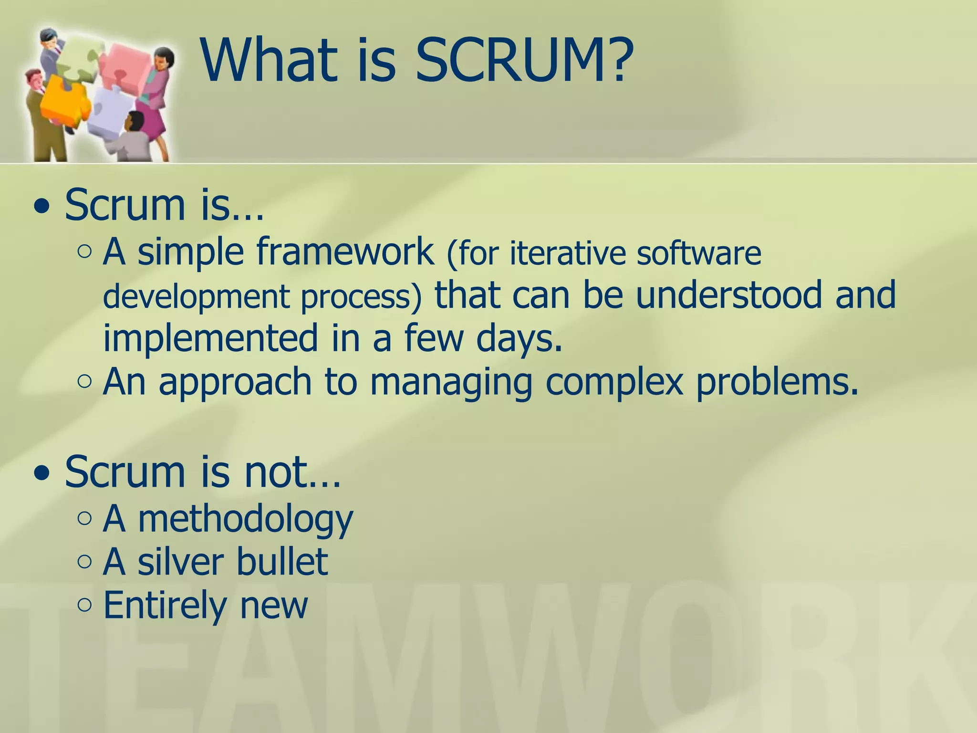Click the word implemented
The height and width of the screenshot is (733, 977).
tap(210, 338)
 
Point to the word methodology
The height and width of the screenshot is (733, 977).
tap(246, 519)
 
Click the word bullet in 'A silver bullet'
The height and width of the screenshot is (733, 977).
tap(281, 562)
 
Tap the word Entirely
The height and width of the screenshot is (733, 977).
tap(165, 605)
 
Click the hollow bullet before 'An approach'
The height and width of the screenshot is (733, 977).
tap(84, 381)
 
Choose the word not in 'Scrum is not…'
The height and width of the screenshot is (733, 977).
tap(275, 472)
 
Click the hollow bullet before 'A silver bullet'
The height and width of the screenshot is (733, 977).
tap(84, 562)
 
